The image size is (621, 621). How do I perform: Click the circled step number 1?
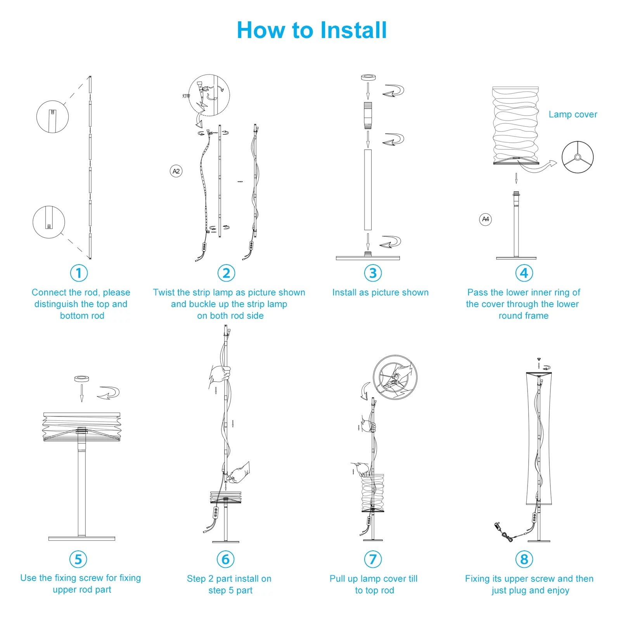[79, 273]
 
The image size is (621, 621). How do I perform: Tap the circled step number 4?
[524, 273]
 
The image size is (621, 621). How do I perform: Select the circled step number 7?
[373, 559]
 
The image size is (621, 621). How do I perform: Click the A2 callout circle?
[176, 171]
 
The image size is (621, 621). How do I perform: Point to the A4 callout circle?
[485, 219]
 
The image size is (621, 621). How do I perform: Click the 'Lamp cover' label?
[573, 114]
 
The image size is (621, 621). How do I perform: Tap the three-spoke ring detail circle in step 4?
[578, 157]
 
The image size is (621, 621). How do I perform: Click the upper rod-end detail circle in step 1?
[52, 116]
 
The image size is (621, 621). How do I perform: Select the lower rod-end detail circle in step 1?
[48, 222]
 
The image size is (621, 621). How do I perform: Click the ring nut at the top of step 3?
[368, 77]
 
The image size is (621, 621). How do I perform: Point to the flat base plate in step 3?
[368, 258]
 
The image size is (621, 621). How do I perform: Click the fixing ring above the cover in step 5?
[81, 379]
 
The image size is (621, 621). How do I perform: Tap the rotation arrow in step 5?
[108, 393]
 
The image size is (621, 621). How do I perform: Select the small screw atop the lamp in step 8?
[539, 360]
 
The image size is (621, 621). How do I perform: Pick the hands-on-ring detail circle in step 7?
[395, 377]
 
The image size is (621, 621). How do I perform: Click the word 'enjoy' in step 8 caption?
[557, 590]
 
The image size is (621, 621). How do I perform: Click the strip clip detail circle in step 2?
[209, 95]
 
